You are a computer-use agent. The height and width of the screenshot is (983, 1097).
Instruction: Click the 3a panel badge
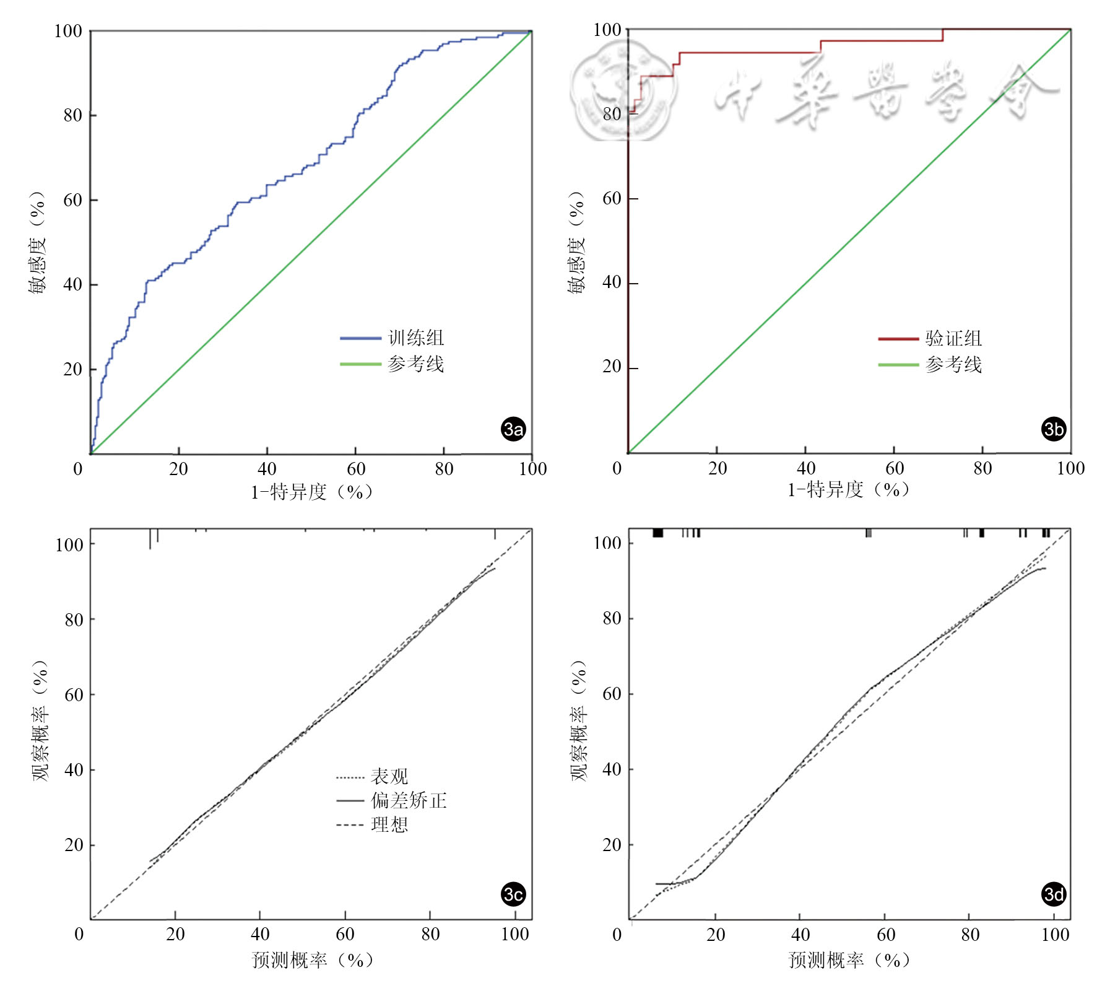pyautogui.click(x=513, y=429)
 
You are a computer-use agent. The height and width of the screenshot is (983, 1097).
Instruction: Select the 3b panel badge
pyautogui.click(x=1053, y=429)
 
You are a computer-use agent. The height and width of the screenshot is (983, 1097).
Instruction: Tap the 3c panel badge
pyautogui.click(x=513, y=894)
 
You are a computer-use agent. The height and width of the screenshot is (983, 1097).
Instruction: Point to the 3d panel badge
pyautogui.click(x=1053, y=894)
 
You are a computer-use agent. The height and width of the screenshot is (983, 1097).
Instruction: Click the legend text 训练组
pyautogui.click(x=416, y=338)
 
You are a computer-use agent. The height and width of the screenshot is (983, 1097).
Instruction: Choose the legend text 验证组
pyautogui.click(x=953, y=338)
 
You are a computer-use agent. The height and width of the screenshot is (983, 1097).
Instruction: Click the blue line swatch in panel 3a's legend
pyautogui.click(x=360, y=338)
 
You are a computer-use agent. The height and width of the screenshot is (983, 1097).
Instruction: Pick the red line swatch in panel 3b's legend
pyautogui.click(x=898, y=339)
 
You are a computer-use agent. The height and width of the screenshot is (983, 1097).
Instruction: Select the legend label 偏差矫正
pyautogui.click(x=409, y=800)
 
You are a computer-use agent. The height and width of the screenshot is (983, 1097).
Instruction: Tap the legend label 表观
pyautogui.click(x=389, y=776)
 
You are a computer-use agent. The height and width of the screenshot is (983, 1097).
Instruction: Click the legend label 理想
pyautogui.click(x=389, y=824)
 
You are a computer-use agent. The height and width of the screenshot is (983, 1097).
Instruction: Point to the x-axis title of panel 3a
pyautogui.click(x=311, y=492)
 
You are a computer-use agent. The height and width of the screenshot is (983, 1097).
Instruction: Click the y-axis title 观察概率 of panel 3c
pyautogui.click(x=41, y=720)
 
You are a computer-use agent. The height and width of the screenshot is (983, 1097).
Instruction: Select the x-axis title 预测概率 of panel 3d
pyautogui.click(x=849, y=959)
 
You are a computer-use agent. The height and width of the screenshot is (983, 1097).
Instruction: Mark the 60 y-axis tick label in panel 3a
pyautogui.click(x=72, y=200)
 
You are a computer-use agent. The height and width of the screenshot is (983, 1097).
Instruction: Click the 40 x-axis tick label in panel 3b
pyautogui.click(x=805, y=468)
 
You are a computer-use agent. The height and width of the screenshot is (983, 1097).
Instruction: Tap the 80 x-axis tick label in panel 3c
pyautogui.click(x=430, y=934)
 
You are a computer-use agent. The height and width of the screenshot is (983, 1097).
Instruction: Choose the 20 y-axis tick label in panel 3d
pyautogui.click(x=612, y=844)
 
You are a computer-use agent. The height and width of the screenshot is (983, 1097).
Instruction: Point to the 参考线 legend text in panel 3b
pyautogui.click(x=953, y=364)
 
